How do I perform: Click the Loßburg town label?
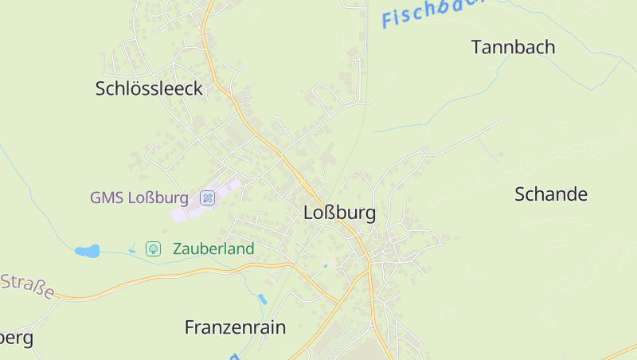point(339,213)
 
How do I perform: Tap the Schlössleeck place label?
point(149,88)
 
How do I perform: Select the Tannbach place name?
point(513,47)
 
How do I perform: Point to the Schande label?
point(550,194)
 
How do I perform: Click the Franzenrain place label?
point(235,327)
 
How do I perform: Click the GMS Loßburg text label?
point(139,198)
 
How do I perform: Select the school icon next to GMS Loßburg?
point(208,198)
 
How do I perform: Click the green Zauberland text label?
point(213,249)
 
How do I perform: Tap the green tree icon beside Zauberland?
point(154,249)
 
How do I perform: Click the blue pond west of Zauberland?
point(88,251)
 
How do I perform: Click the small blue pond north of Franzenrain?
point(262,299)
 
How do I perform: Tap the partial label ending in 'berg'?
point(16,338)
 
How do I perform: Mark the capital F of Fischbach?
point(389,18)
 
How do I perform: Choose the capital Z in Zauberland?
point(178,249)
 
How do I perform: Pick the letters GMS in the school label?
point(104,198)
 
